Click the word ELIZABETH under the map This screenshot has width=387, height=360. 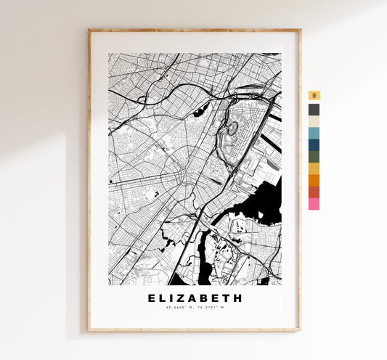coord(195,298)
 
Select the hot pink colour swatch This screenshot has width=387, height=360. coord(314,204)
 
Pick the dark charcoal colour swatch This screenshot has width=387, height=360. coord(314,110)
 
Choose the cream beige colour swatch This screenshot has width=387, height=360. coord(314,121)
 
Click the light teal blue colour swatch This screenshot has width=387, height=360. coord(314,133)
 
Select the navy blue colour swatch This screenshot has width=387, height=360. coord(314,144)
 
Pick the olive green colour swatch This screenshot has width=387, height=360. coord(314,156)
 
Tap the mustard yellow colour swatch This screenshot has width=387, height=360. coord(314,168)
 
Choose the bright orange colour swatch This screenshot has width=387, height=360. coord(314,180)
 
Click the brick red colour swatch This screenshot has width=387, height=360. coord(314,192)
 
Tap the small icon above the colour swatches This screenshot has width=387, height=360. coord(314,96)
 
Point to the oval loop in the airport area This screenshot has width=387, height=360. coord(233,129)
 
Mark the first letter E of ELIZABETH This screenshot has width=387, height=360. coord(152,298)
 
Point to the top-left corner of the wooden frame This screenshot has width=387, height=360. coord(89,30)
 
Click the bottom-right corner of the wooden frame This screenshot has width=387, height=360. coord(300,330)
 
